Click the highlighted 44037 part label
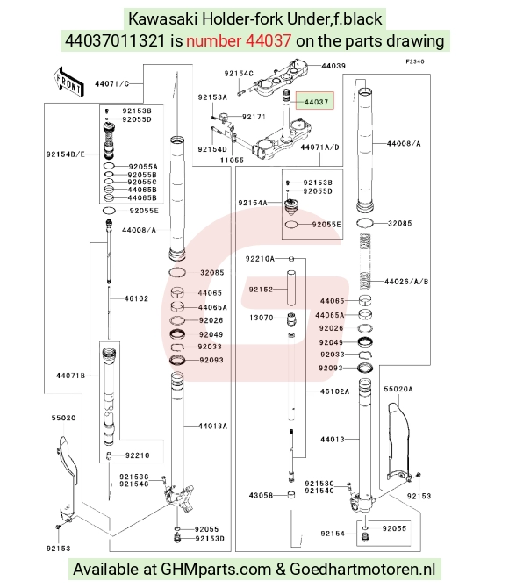[316, 102]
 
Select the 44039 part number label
[333, 66]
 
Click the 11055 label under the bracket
[232, 160]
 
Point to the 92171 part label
[254, 117]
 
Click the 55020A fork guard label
[398, 390]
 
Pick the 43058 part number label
[261, 495]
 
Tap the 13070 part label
[262, 318]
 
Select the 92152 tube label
[261, 290]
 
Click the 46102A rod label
[334, 391]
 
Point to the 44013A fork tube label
[212, 426]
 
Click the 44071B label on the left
[70, 376]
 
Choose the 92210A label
[260, 259]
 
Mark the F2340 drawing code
[415, 61]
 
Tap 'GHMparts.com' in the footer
[216, 570]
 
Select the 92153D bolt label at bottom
[210, 539]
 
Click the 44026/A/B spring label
[406, 282]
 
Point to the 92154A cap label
[253, 203]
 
